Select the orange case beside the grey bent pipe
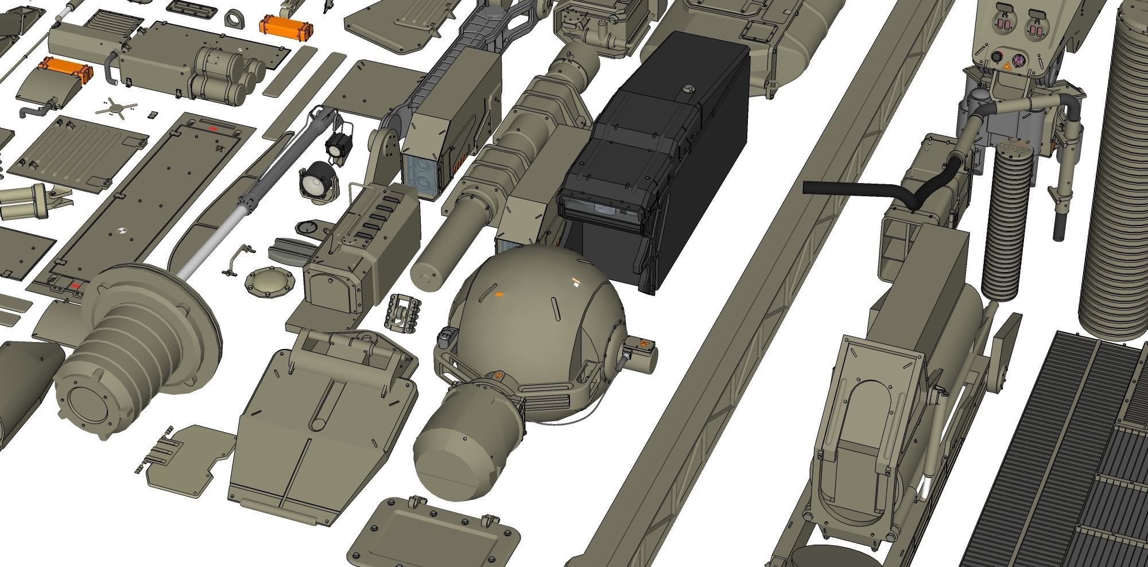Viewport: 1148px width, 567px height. [x=65, y=69]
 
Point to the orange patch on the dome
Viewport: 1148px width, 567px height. [x=499, y=294]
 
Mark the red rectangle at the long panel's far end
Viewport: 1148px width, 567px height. [x=214, y=129]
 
